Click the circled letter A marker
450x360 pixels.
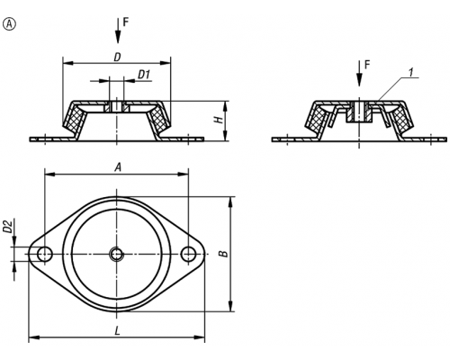point(9,24)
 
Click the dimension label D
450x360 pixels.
point(117,57)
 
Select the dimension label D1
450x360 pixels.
point(144,75)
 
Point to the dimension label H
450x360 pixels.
point(220,120)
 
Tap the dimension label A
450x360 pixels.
point(118,167)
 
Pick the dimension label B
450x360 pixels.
point(224,254)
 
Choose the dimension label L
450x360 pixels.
point(117,331)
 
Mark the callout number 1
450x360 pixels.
point(411,72)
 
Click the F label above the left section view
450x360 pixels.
point(126,22)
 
